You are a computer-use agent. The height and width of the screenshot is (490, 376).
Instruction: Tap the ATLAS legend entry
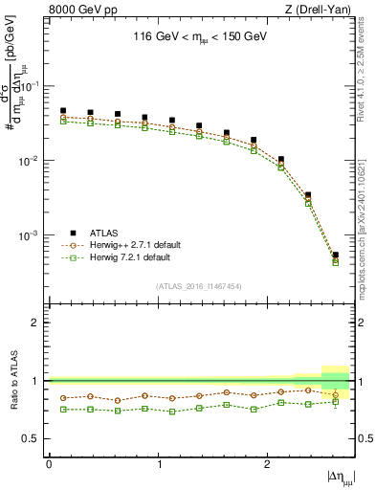coord(105,233)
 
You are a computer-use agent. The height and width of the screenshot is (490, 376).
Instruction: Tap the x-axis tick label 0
coord(49,463)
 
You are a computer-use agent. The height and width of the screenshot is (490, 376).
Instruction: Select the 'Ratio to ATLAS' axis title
coord(12,381)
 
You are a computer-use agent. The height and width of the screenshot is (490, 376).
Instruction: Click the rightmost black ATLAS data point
coord(335,256)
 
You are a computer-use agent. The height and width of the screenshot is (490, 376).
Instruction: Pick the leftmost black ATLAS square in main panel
coord(63,111)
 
